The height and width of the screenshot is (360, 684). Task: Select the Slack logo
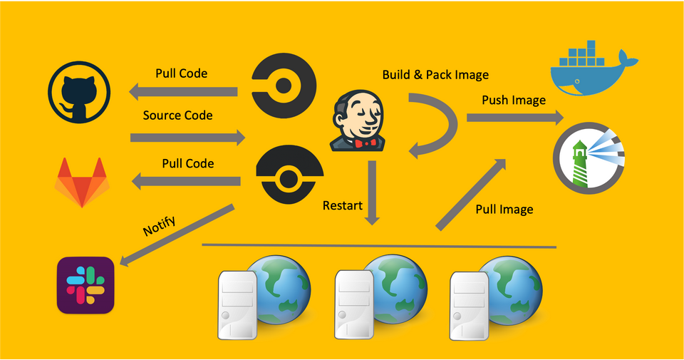point(85,285)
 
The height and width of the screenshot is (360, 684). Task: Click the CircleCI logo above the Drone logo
point(284,86)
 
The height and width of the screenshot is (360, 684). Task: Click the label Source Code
point(177,115)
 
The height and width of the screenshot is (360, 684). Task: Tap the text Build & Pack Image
point(435,75)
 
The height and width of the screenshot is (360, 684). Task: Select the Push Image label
point(514,100)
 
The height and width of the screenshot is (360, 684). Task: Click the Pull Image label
point(504,210)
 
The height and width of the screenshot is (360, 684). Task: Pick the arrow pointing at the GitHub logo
point(182,91)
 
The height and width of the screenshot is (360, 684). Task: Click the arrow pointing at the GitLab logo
point(187,182)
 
